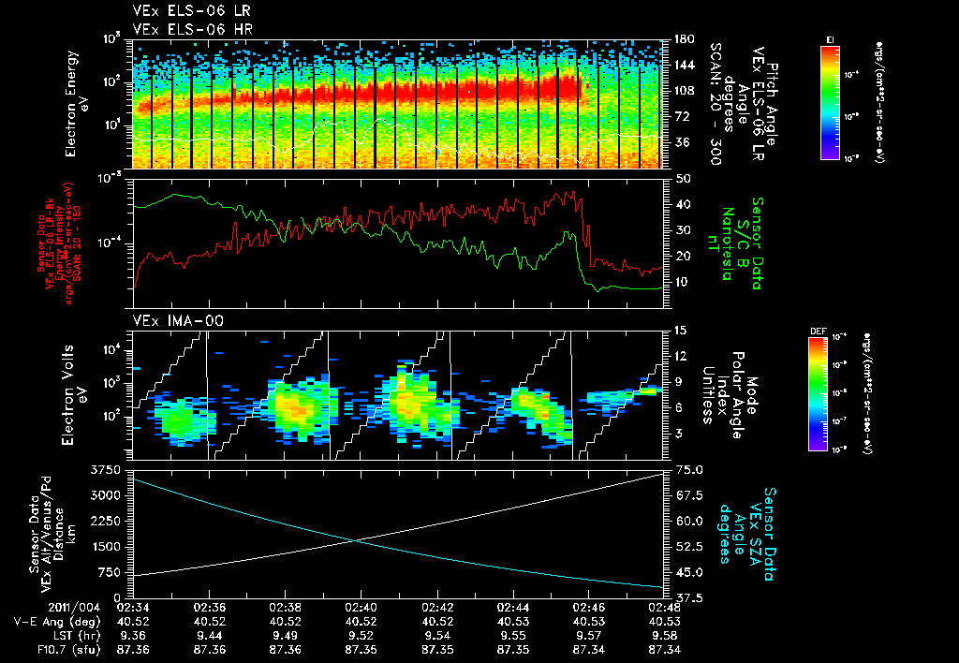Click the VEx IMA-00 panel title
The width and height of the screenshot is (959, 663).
click(x=170, y=320)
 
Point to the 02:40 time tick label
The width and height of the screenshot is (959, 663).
click(x=361, y=606)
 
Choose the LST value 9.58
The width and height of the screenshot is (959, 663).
click(x=663, y=634)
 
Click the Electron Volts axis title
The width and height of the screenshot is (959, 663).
click(x=80, y=393)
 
